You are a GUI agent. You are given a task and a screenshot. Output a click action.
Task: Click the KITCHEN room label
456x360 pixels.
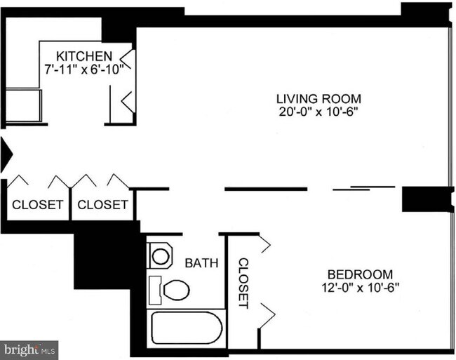point(84,56)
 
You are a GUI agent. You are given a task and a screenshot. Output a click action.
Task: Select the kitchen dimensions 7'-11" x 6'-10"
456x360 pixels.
point(86,69)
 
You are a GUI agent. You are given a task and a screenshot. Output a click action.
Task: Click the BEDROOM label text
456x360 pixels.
point(360,274)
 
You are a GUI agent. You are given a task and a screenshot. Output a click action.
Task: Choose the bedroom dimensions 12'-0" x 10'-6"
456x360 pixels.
point(360,286)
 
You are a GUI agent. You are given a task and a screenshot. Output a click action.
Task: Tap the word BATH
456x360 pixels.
point(201,263)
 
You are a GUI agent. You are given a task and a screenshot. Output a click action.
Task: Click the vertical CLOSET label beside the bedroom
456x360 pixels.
point(243,283)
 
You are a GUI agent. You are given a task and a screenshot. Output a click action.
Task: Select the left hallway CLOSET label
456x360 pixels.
point(38,205)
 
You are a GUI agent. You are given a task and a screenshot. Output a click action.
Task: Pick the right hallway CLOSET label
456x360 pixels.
point(102,205)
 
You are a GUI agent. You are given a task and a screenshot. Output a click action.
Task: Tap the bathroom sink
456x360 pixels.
point(161,255)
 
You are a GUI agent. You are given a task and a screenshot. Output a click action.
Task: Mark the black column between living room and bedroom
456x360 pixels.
point(423,199)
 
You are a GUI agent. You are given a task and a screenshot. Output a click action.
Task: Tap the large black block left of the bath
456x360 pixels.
point(103,260)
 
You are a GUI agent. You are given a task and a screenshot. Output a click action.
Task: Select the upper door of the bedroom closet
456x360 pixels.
point(265,245)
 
